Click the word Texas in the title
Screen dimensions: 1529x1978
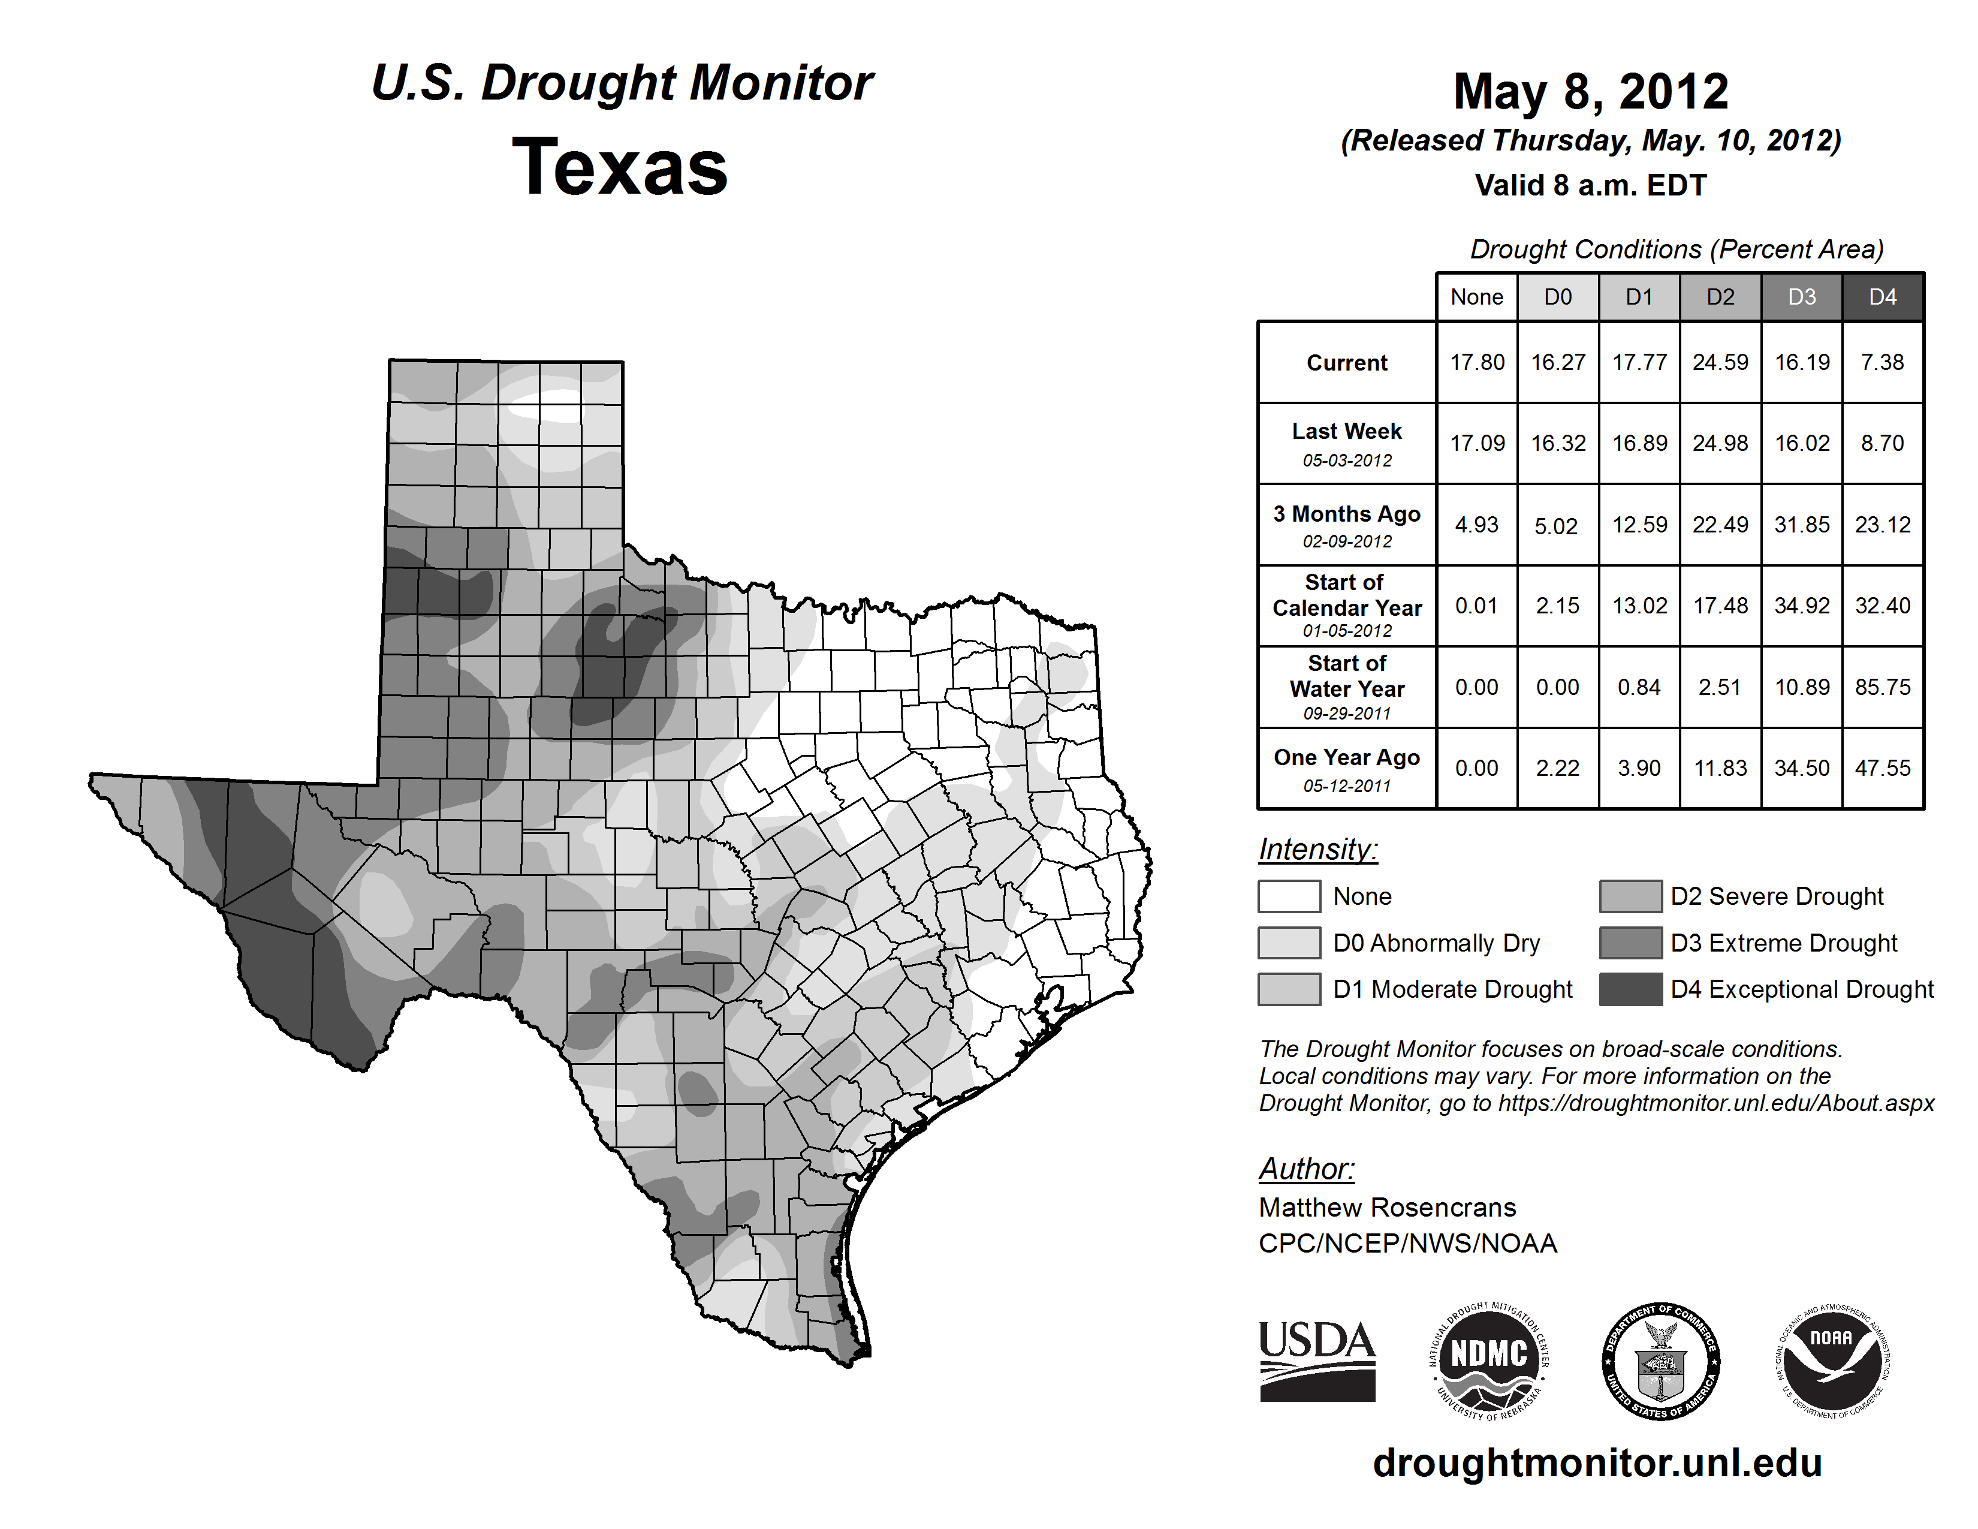[620, 167]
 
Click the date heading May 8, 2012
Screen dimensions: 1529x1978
[1590, 92]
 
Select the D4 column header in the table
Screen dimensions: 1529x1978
[1882, 297]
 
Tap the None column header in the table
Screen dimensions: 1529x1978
[1476, 297]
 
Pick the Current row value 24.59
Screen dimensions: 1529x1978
[1720, 362]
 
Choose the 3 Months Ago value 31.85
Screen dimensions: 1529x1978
[1801, 525]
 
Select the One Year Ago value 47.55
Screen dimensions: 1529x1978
[1882, 768]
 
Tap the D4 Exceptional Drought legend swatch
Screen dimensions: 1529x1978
[1630, 989]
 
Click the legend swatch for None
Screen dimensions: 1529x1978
[1289, 896]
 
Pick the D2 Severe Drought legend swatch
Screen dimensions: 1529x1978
[1630, 896]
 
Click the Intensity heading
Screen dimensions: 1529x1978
[1317, 850]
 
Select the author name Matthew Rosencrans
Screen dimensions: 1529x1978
[1386, 1208]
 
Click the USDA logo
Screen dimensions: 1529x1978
[1317, 1361]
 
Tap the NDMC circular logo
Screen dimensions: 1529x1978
[1489, 1361]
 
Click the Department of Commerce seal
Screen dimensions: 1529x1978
[1660, 1361]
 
